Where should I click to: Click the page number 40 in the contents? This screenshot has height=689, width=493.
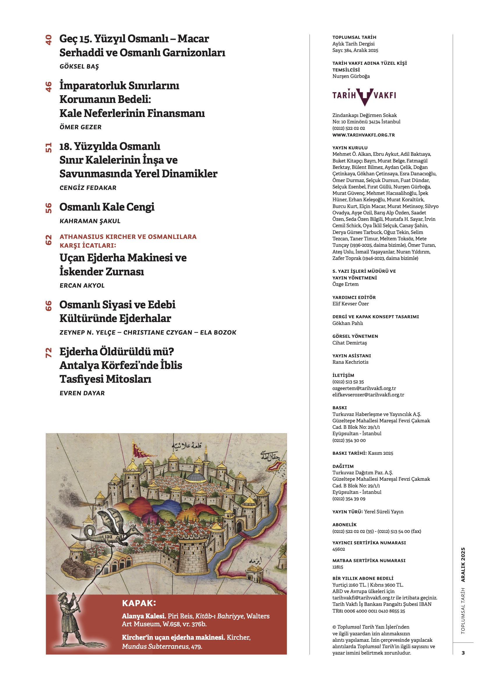pyautogui.click(x=48, y=40)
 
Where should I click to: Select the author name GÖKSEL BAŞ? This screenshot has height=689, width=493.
pyautogui.click(x=79, y=67)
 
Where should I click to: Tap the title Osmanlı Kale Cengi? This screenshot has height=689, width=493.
pyautogui.click(x=107, y=207)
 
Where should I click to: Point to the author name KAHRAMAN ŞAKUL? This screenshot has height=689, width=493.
pyautogui.click(x=90, y=221)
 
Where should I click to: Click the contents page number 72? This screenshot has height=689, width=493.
pyautogui.click(x=48, y=352)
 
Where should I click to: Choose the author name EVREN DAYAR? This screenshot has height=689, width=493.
pyautogui.click(x=82, y=393)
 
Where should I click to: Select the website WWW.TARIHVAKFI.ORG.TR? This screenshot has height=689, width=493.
pyautogui.click(x=363, y=135)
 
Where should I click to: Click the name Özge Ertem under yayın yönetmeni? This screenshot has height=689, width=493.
pyautogui.click(x=345, y=284)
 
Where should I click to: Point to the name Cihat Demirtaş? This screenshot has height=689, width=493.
pyautogui.click(x=349, y=343)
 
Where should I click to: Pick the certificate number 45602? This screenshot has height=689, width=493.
pyautogui.click(x=339, y=549)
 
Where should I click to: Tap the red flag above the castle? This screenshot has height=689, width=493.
pyautogui.click(x=142, y=450)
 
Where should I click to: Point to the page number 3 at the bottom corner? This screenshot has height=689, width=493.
pyautogui.click(x=463, y=653)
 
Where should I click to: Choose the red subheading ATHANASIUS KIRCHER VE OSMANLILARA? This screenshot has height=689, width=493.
pyautogui.click(x=128, y=237)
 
